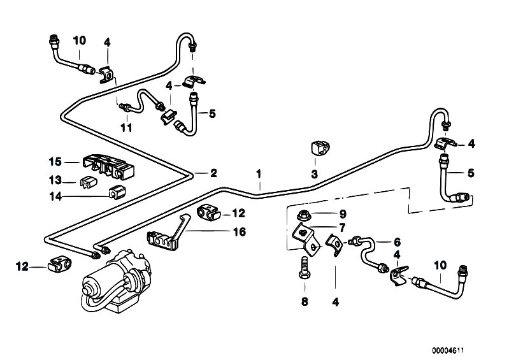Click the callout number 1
(x=259, y=174)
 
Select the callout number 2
(x=213, y=173)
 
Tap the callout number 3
(x=314, y=175)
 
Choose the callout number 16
(x=240, y=232)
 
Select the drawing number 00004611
(x=448, y=350)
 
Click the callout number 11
(x=126, y=127)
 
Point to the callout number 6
(x=397, y=242)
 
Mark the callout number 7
(x=342, y=227)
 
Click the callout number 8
(x=304, y=302)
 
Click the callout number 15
(x=55, y=161)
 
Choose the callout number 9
(x=343, y=214)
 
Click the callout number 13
(x=55, y=180)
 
